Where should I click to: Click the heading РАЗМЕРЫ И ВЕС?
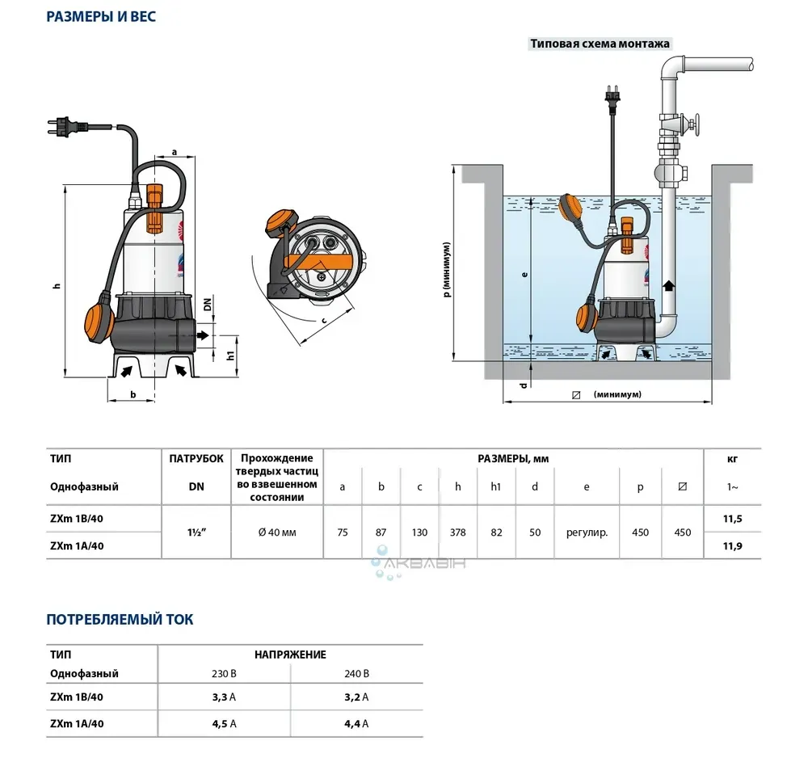tap(101, 16)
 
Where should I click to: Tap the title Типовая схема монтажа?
tap(600, 44)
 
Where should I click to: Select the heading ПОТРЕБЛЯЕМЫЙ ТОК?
tap(120, 620)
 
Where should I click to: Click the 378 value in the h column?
tap(458, 533)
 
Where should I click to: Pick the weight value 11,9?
tap(731, 546)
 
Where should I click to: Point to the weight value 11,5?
tap(731, 519)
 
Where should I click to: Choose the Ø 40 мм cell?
tap(277, 533)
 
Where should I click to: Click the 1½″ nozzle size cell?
tap(196, 533)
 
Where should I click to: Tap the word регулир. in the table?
tap(587, 533)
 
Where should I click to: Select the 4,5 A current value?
tap(223, 724)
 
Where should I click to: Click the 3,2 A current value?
tap(356, 697)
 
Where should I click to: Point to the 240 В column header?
tap(356, 673)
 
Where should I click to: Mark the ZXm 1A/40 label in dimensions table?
tap(77, 546)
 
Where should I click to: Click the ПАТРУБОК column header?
tap(196, 458)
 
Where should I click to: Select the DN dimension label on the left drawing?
tap(208, 305)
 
